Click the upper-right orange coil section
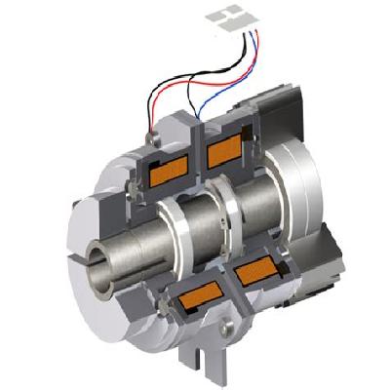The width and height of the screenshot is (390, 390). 227,149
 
